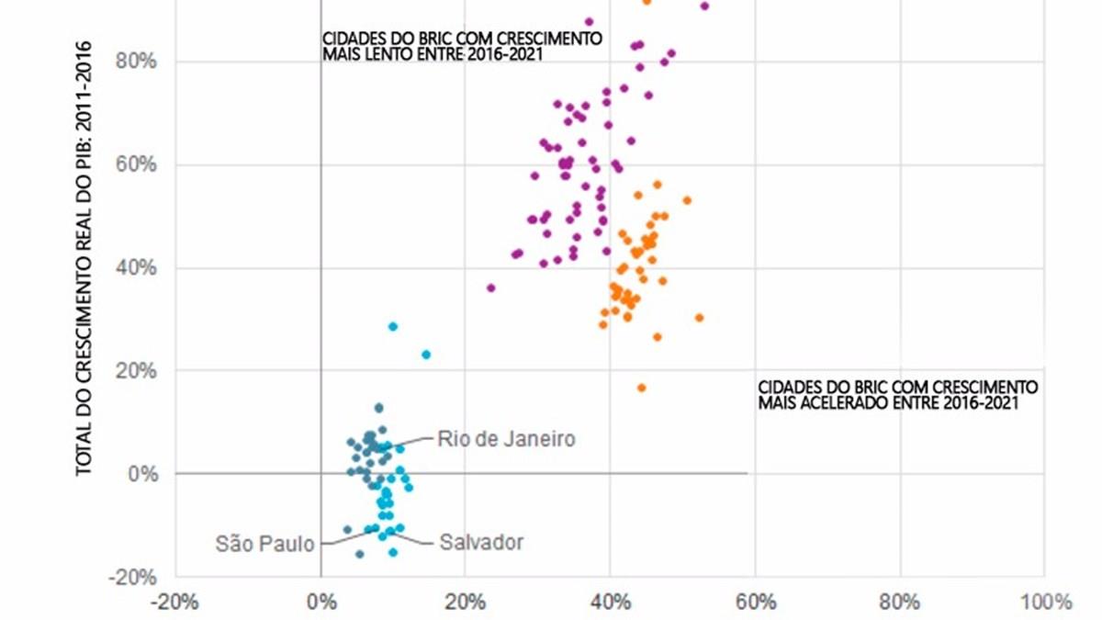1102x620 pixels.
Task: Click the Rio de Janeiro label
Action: click(506, 439)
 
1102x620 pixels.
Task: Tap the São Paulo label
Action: click(265, 543)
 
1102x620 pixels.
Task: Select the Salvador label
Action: click(481, 542)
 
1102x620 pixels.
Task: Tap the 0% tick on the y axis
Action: click(141, 474)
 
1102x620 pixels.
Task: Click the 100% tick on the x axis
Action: click(1044, 603)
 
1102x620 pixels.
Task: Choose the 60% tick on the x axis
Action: click(755, 603)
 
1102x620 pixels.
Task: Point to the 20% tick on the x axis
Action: click(465, 603)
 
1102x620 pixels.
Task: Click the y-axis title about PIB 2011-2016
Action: click(84, 257)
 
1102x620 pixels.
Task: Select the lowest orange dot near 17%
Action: click(641, 388)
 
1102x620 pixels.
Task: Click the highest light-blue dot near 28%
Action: click(393, 326)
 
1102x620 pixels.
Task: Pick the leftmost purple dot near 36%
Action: click(490, 287)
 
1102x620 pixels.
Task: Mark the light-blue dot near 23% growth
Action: click(426, 355)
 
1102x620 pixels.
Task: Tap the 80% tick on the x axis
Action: click(900, 603)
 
